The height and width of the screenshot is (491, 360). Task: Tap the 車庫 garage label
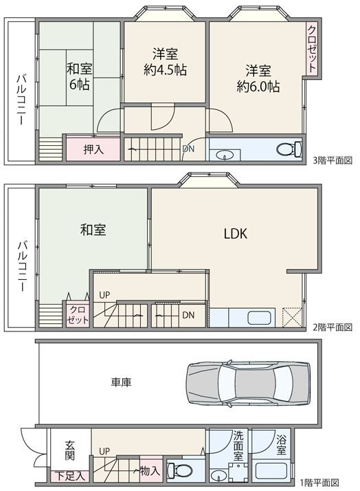tap(121, 382)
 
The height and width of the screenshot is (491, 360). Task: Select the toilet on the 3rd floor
tap(289, 149)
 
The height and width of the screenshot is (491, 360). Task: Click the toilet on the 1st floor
tap(179, 470)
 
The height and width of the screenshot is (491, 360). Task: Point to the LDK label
tap(236, 234)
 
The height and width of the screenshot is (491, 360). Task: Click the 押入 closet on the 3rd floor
tap(93, 149)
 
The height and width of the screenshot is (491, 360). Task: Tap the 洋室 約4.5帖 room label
tap(165, 62)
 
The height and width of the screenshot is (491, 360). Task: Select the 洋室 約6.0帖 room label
tap(258, 78)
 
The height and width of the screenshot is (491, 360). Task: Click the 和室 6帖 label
tap(80, 76)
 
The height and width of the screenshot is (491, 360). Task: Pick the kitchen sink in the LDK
tap(259, 318)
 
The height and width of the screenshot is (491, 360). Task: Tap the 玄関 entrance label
tap(69, 450)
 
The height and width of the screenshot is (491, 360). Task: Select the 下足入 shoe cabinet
tap(70, 477)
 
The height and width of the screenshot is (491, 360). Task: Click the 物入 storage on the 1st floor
tap(150, 470)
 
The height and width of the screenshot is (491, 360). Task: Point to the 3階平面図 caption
tap(333, 161)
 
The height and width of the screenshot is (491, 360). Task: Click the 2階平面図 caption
tap(333, 327)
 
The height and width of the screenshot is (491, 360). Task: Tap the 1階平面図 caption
tap(319, 482)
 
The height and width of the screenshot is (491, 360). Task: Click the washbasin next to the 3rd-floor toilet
tap(225, 155)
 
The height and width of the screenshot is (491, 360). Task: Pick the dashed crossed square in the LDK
tap(292, 318)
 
